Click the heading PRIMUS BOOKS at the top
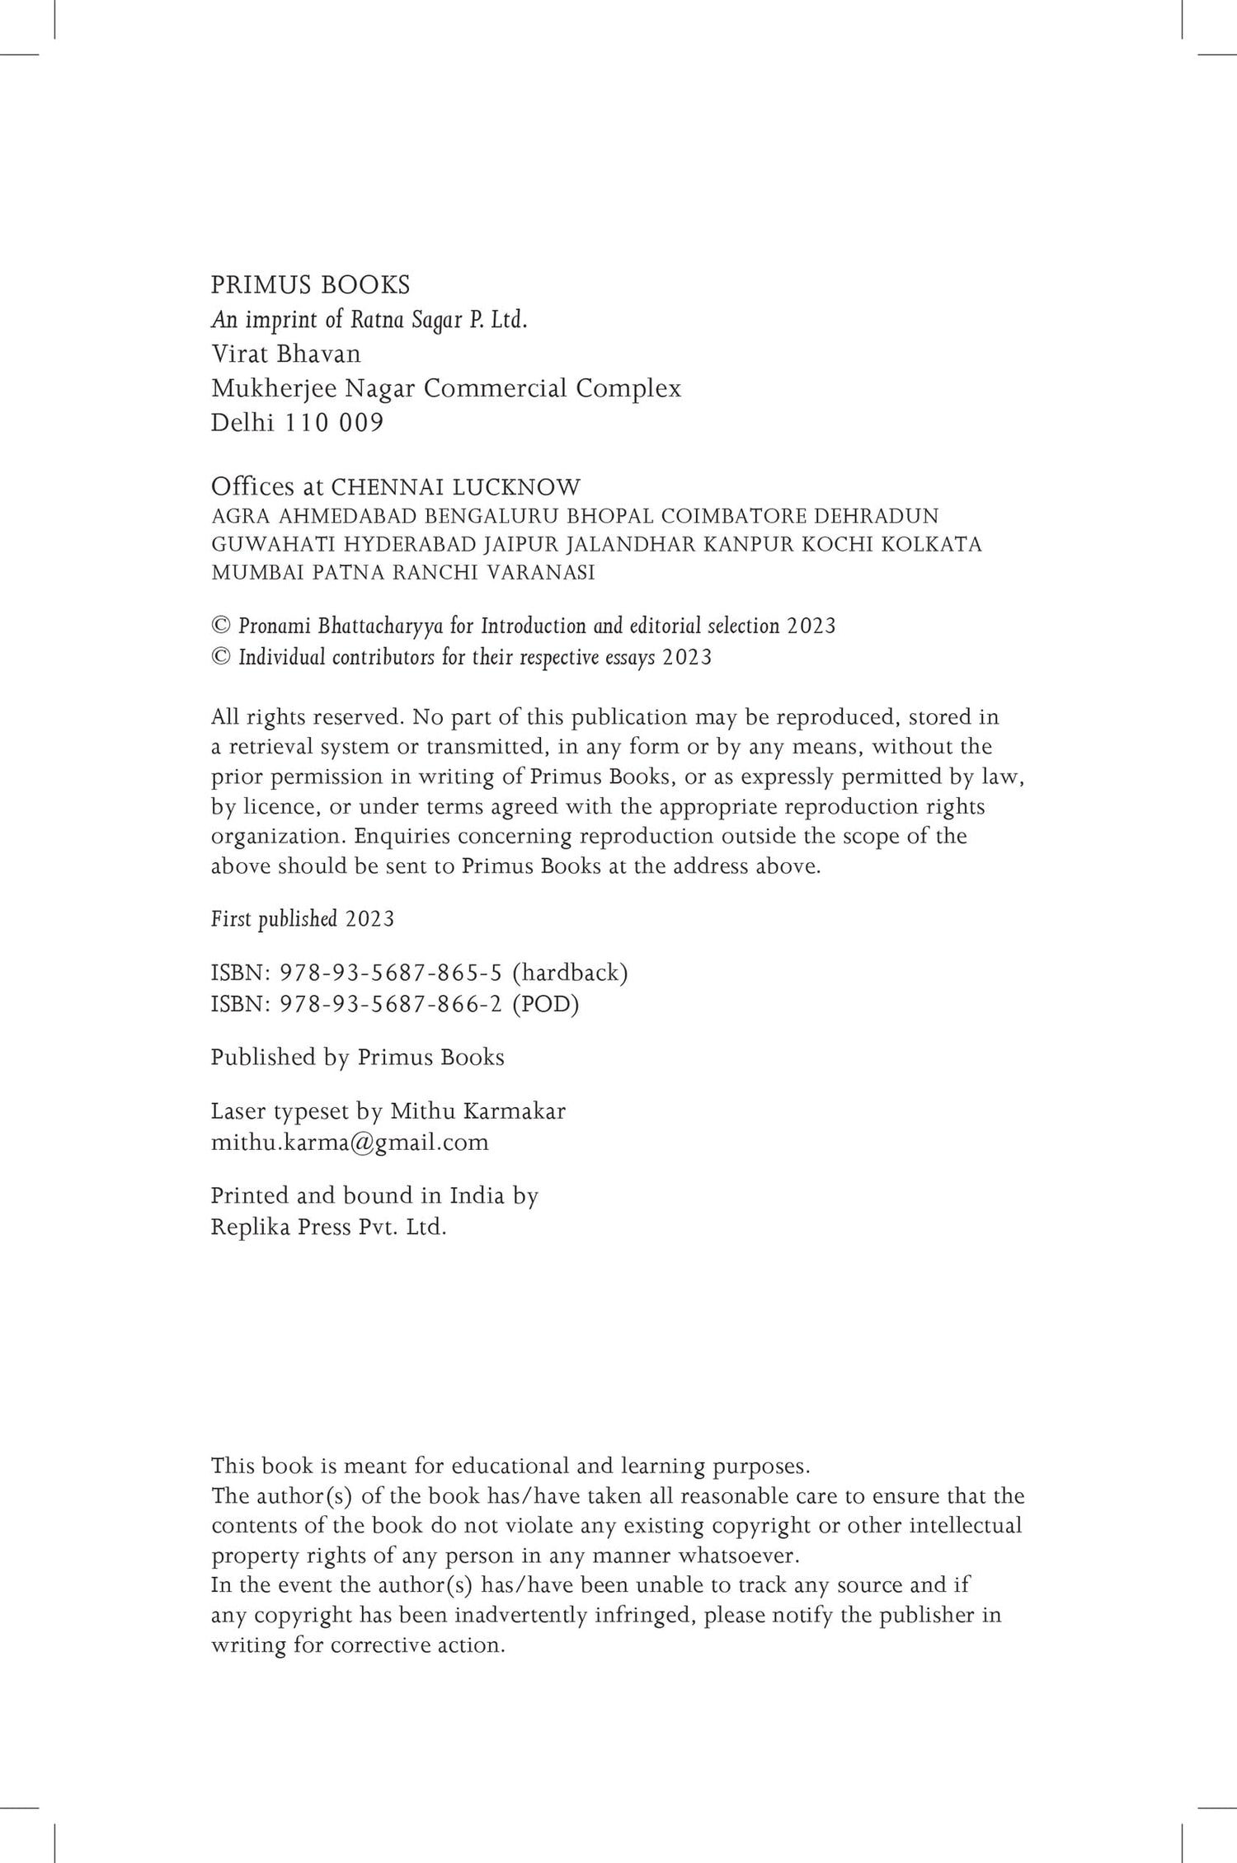click(x=310, y=285)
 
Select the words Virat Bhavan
click(x=286, y=354)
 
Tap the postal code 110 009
click(x=334, y=423)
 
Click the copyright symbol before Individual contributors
click(x=220, y=658)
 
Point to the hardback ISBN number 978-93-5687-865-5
click(x=391, y=974)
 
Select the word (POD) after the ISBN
click(x=545, y=1005)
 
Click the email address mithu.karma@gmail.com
click(x=350, y=1143)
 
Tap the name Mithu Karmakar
click(x=477, y=1111)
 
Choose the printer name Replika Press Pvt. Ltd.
click(x=328, y=1227)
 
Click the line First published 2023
click(x=303, y=919)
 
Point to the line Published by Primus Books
click(x=357, y=1058)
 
